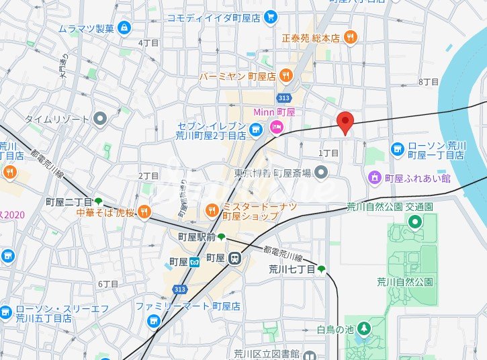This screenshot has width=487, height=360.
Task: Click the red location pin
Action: click(x=345, y=122)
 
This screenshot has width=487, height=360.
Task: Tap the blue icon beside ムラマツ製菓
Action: click(x=124, y=28)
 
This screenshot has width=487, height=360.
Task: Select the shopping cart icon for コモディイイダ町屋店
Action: click(x=270, y=17)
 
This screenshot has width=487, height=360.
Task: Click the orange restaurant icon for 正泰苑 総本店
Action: click(x=350, y=38)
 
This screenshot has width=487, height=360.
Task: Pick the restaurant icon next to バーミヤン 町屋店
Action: click(x=285, y=76)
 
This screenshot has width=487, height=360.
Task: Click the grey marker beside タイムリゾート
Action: click(x=101, y=119)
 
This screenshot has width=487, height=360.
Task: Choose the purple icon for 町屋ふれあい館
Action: click(x=374, y=178)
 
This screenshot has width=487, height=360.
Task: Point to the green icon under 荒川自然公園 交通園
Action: click(x=415, y=222)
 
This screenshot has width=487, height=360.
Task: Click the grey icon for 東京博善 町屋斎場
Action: click(x=321, y=173)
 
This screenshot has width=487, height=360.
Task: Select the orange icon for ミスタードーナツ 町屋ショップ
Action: click(x=212, y=211)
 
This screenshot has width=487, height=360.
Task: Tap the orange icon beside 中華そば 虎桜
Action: click(x=144, y=213)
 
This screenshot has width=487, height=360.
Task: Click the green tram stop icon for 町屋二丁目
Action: click(x=99, y=201)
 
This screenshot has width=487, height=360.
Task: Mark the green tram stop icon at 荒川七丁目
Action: click(x=321, y=269)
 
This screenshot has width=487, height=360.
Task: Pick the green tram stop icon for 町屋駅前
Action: click(x=222, y=236)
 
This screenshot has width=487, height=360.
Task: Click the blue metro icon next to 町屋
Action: click(x=194, y=262)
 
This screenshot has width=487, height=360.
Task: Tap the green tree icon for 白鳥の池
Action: click(x=363, y=328)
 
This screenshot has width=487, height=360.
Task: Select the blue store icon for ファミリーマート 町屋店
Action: click(x=154, y=321)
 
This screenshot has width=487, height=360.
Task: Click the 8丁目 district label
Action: click(x=428, y=81)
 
